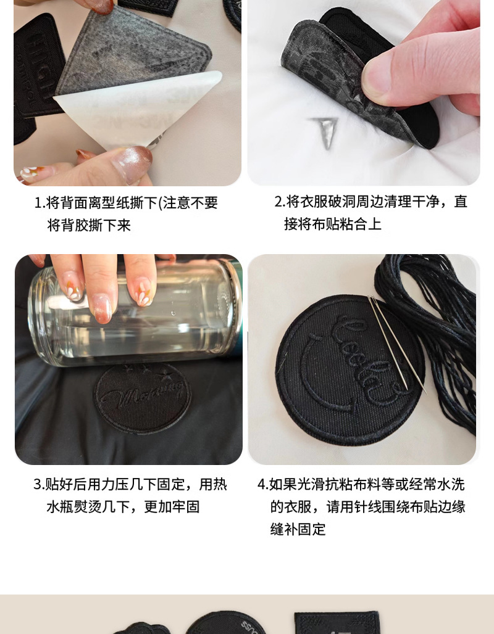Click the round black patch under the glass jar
coord(143,398)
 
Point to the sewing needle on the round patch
coord(397,344)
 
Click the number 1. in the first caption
coord(40,203)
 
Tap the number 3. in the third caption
coord(39,484)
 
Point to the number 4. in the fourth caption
coord(263,484)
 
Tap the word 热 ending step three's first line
coord(220,484)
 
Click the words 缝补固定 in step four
coord(298,529)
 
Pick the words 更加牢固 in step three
coord(172,506)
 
